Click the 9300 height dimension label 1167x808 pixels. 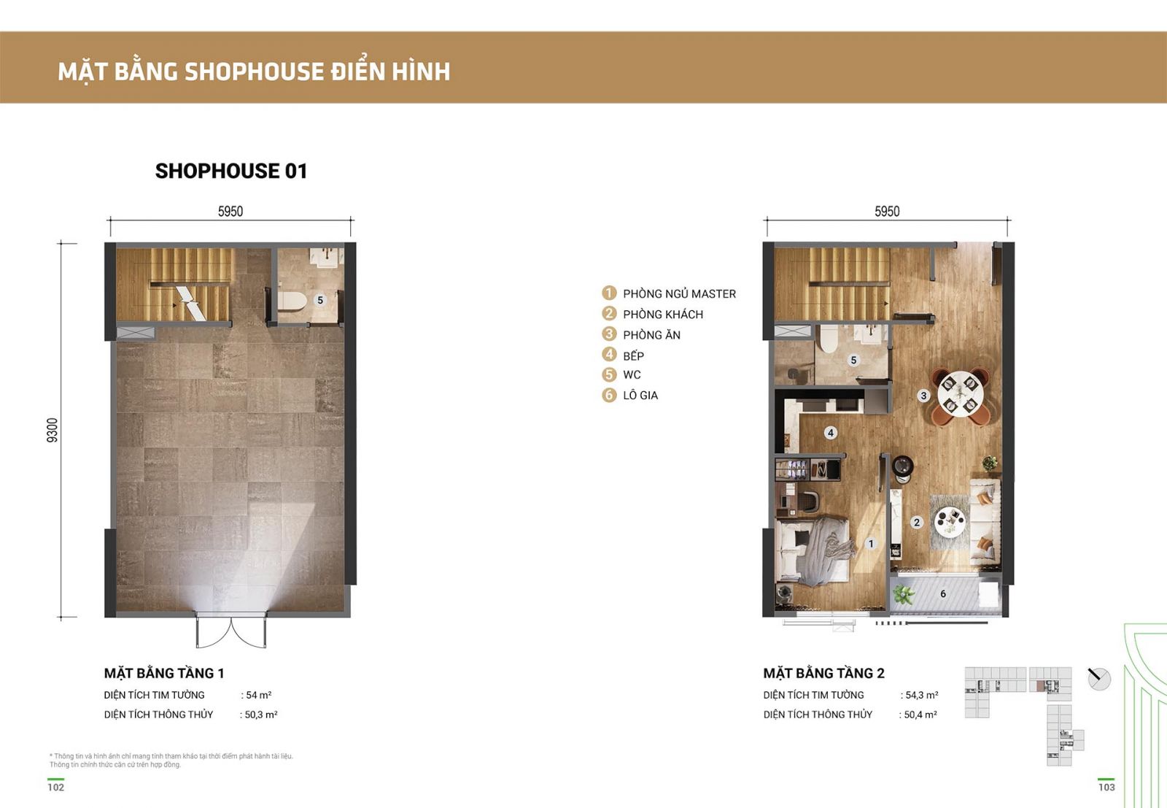(52, 430)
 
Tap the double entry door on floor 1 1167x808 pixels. (230, 630)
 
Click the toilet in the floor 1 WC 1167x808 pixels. (292, 301)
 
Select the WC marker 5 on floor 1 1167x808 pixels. (320, 300)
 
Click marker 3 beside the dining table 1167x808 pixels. (923, 396)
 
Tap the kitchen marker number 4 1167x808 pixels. (831, 433)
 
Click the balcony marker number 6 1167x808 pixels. (943, 593)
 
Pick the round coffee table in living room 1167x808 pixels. (950, 521)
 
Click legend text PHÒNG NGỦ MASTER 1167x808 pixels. (679, 294)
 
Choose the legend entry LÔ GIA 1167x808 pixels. (640, 395)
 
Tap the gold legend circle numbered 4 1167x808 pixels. (609, 355)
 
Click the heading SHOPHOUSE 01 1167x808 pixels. (231, 171)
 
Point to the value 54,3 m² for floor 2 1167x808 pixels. (922, 695)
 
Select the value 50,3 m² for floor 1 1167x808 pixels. (261, 715)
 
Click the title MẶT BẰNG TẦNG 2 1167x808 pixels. (823, 673)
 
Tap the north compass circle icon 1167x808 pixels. (1099, 680)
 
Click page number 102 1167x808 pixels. (55, 787)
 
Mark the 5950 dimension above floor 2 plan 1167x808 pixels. (887, 211)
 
